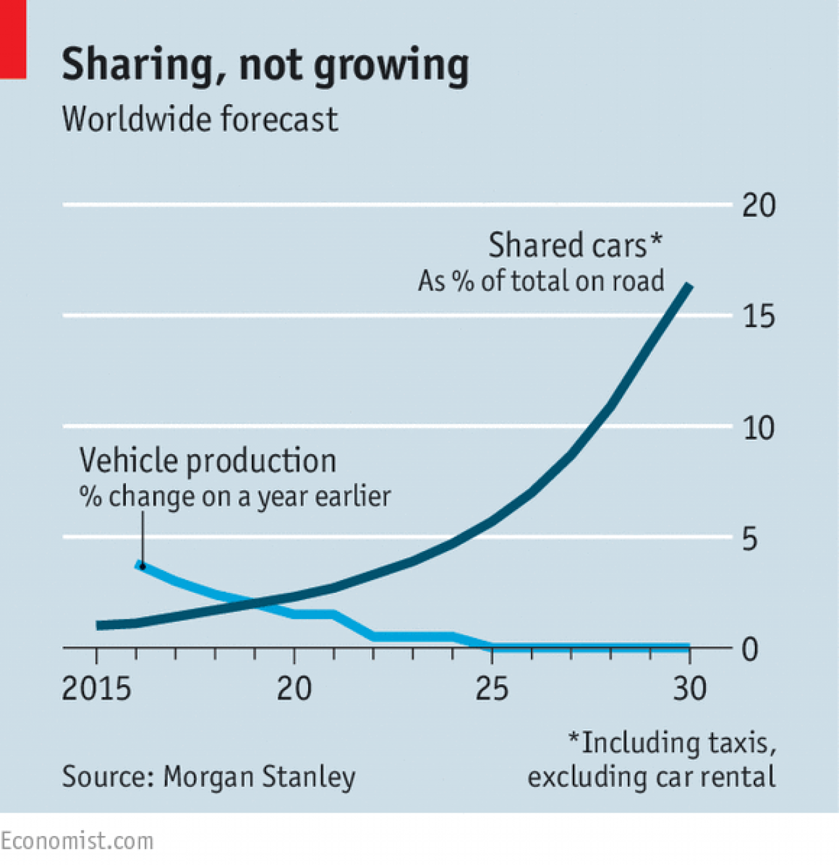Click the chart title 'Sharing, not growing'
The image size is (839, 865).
pyautogui.click(x=265, y=66)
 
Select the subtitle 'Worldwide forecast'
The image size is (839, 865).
pyautogui.click(x=200, y=119)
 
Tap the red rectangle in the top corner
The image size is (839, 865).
pyautogui.click(x=12, y=39)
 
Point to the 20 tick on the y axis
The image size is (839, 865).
pyautogui.click(x=758, y=206)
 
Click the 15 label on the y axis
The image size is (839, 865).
pyautogui.click(x=758, y=317)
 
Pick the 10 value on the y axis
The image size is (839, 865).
pyautogui.click(x=758, y=429)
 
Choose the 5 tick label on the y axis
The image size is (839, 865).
pyautogui.click(x=749, y=539)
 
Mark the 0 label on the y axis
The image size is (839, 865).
pyautogui.click(x=750, y=649)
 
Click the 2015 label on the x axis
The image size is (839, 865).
pyautogui.click(x=96, y=689)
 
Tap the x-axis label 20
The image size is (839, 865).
pyautogui.click(x=294, y=689)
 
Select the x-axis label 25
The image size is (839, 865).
pyautogui.click(x=492, y=689)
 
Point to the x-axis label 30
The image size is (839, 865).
pyautogui.click(x=690, y=689)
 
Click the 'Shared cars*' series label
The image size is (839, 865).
pyautogui.click(x=575, y=246)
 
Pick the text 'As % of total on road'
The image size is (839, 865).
pyautogui.click(x=541, y=281)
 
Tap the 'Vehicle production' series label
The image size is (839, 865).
pyautogui.click(x=208, y=461)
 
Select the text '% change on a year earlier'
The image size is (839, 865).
pyautogui.click(x=235, y=497)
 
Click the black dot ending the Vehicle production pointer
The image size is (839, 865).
pyautogui.click(x=142, y=566)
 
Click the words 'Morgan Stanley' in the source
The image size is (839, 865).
pyautogui.click(x=259, y=777)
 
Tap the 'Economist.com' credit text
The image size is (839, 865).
pyautogui.click(x=77, y=841)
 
